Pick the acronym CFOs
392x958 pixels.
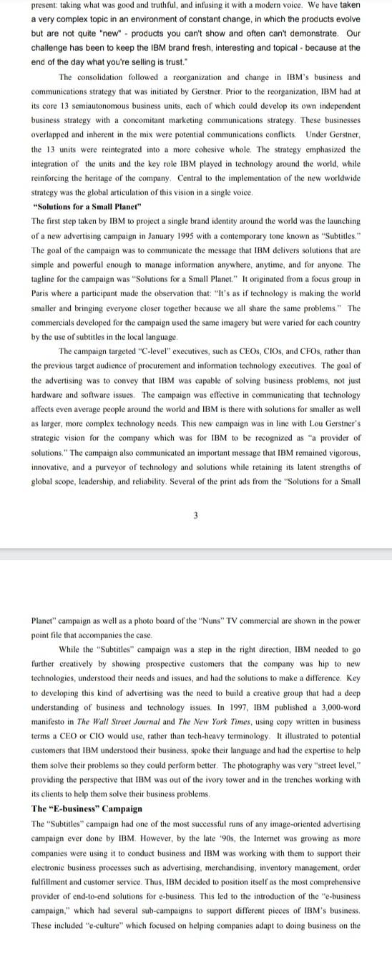click(295, 351)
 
